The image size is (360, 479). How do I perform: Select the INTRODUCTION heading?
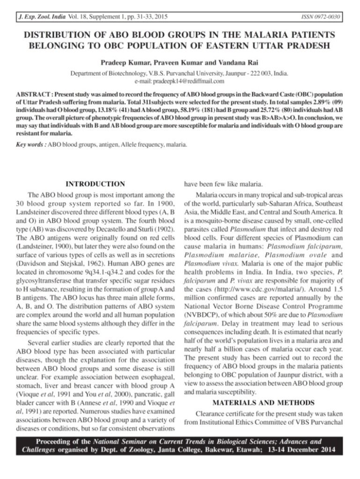click(96, 184)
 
